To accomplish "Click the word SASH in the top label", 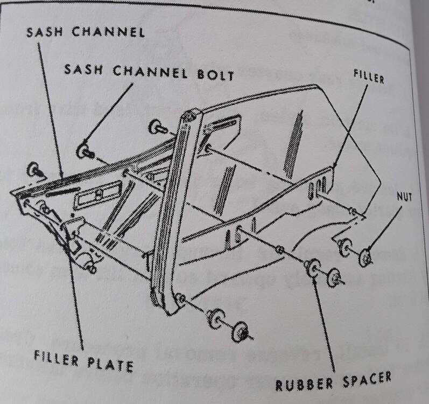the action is point(45,32).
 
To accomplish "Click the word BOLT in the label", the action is point(215,75).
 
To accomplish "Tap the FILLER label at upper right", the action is point(369,76).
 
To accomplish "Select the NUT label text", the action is point(404,196).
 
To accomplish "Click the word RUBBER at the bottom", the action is point(304,385).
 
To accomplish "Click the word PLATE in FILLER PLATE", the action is point(110,364).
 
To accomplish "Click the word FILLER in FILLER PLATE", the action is point(57,359).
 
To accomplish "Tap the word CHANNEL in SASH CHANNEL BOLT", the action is point(150,72).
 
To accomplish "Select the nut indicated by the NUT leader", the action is point(365,257).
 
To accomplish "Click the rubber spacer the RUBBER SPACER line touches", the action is point(313,267).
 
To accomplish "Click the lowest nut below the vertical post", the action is point(241,332).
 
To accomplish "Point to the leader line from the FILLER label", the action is point(351,126).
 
